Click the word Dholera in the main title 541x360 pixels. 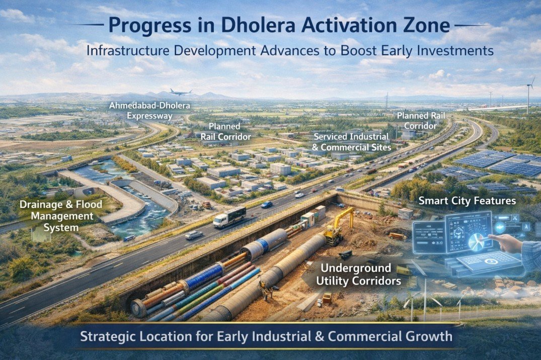[244, 26]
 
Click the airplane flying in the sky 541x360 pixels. [181, 92]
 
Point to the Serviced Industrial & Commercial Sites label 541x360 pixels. [351, 142]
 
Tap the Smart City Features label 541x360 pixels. [467, 201]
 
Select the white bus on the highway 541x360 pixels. [229, 217]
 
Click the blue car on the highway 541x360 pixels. [267, 204]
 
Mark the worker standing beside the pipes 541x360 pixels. [262, 290]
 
